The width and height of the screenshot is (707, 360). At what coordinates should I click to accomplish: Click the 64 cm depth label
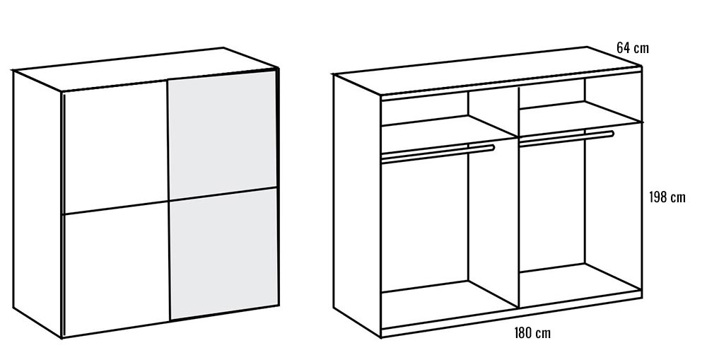tap(633, 48)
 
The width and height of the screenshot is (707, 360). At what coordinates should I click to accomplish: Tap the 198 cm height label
tap(667, 197)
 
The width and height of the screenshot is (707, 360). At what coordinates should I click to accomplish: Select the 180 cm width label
tap(532, 333)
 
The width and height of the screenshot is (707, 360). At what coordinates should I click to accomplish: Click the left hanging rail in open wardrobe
tap(438, 153)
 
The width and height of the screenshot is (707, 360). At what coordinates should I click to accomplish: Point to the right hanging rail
tap(566, 139)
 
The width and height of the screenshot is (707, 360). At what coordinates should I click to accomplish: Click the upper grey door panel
tap(222, 134)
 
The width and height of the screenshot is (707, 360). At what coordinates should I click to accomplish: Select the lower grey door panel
tap(223, 254)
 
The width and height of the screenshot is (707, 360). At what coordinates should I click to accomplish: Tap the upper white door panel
tap(115, 146)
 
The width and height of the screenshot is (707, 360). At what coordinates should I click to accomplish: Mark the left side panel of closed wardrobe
tap(37, 203)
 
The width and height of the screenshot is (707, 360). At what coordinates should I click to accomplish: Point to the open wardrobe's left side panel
tap(357, 205)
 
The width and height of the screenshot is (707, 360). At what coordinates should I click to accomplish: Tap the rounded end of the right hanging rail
tap(611, 134)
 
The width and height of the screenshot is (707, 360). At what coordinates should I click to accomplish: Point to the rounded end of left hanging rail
tap(492, 148)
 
